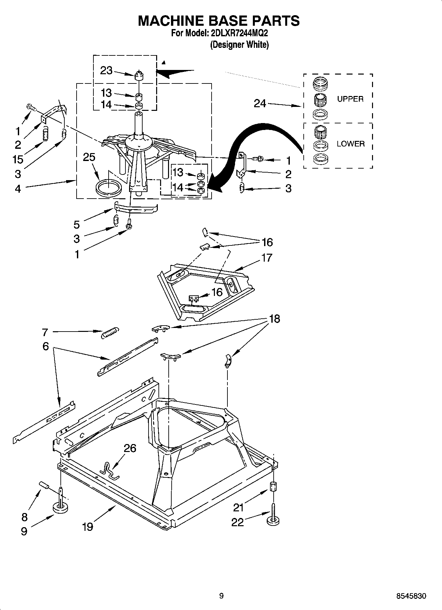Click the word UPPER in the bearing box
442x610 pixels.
[x=350, y=99]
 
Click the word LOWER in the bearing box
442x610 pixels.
[x=351, y=144]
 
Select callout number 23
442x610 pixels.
[x=106, y=70]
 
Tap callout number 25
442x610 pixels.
[x=89, y=157]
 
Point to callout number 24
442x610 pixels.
[x=260, y=104]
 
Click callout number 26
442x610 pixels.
[x=130, y=448]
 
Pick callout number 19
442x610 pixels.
[x=87, y=527]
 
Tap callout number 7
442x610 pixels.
[x=45, y=332]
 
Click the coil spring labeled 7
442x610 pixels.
[x=110, y=332]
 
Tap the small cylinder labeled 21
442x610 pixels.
[x=273, y=487]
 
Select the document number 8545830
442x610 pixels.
[x=411, y=596]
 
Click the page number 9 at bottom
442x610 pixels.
[x=221, y=596]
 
